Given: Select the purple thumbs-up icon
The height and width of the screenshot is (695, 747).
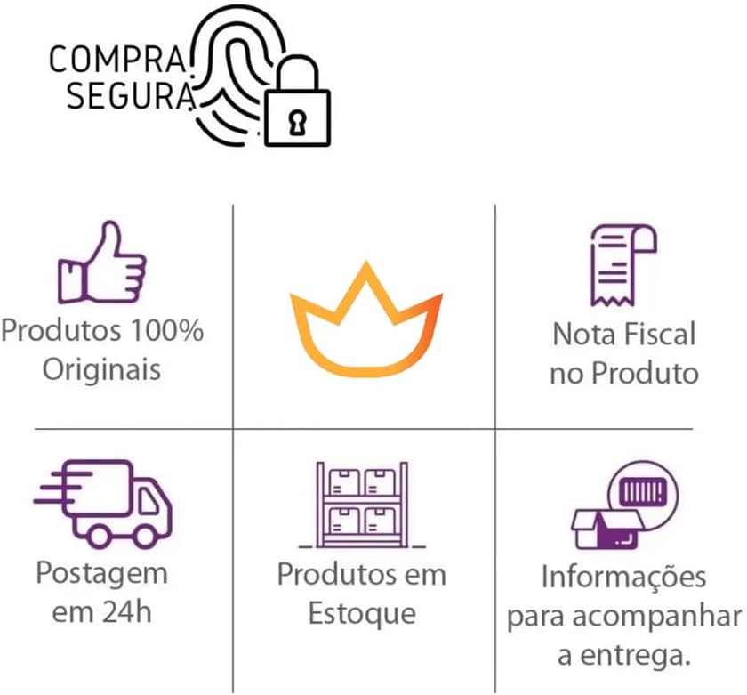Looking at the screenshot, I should click(x=101, y=262).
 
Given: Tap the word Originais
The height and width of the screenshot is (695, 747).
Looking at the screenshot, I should click(x=102, y=368).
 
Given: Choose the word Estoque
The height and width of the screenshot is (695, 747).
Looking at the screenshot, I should click(x=362, y=613).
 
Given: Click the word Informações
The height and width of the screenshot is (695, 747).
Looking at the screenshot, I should click(x=623, y=578).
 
